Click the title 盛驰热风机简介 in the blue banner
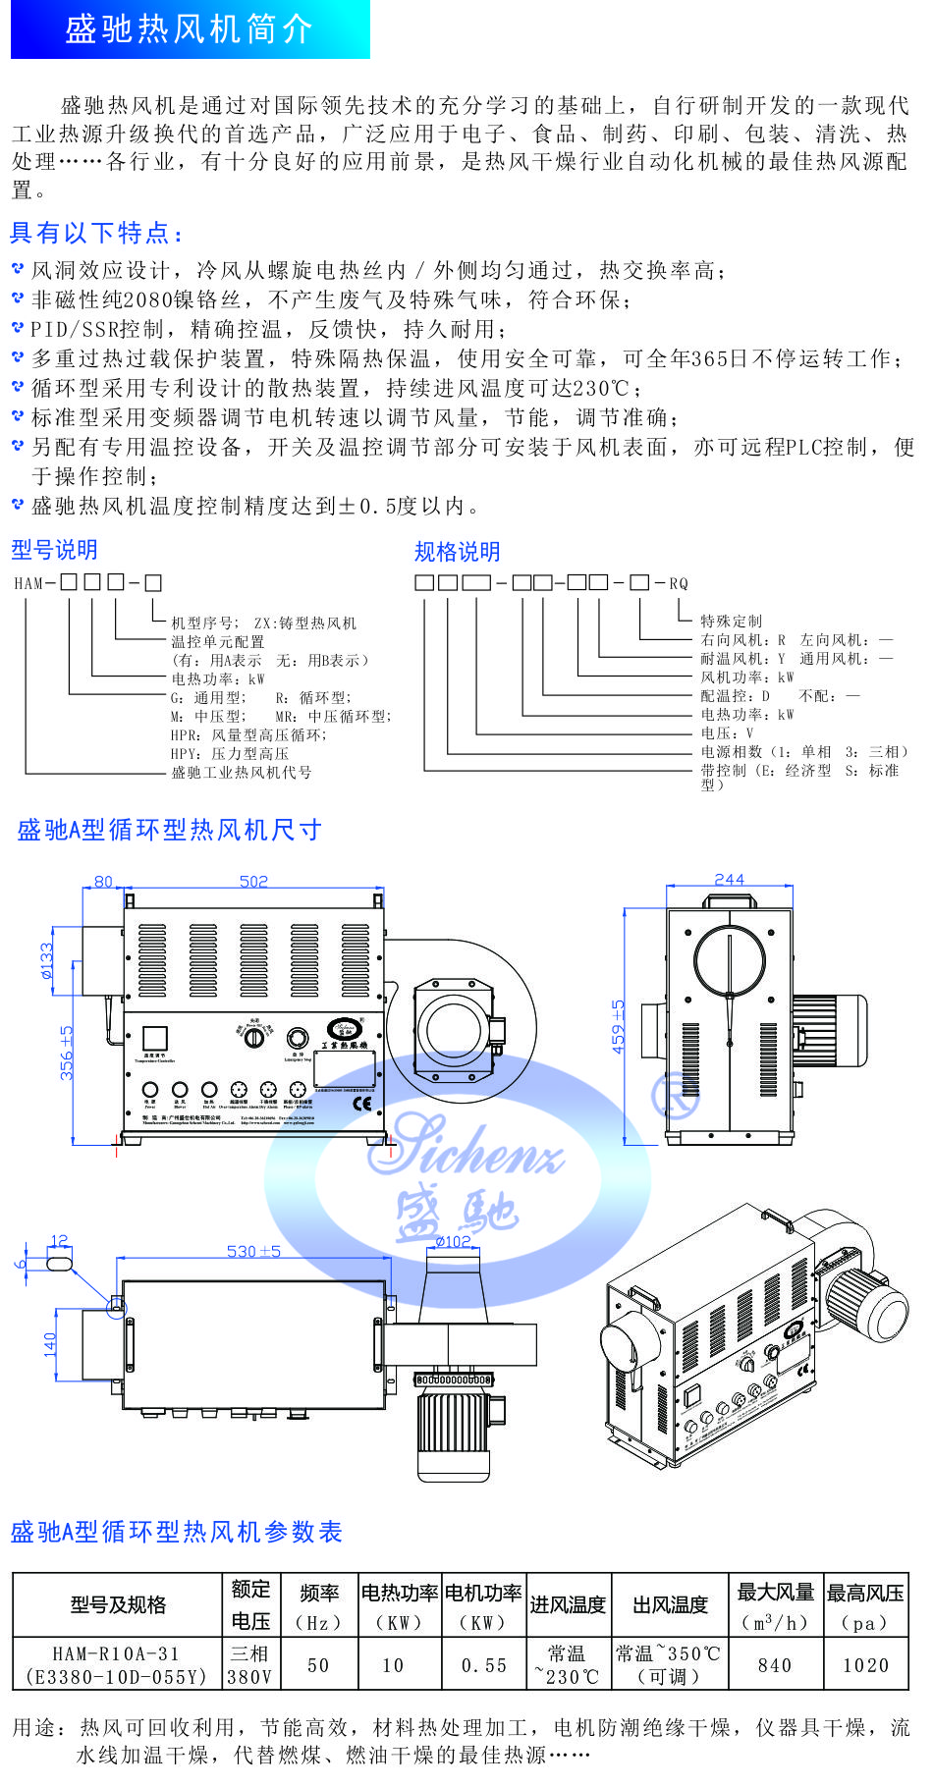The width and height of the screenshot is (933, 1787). tap(189, 29)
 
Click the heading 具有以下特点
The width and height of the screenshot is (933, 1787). tap(96, 233)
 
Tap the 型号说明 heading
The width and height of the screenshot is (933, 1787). tap(54, 550)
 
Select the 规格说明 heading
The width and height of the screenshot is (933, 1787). tap(457, 552)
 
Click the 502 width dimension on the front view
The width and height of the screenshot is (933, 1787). tap(253, 882)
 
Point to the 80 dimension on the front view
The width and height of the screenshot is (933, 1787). tap(103, 882)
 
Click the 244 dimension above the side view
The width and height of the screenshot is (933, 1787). tap(729, 880)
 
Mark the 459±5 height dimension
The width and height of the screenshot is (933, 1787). tap(618, 1026)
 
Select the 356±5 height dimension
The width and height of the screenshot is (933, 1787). tap(66, 1053)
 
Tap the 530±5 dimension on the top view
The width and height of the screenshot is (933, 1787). tap(253, 1251)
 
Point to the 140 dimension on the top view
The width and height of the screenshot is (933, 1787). tap(50, 1344)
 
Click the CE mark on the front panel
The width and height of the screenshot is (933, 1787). tap(361, 1102)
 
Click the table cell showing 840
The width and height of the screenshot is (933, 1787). tap(775, 1665)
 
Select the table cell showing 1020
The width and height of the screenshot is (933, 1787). tap(865, 1665)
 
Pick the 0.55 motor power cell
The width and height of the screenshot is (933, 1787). tap(484, 1665)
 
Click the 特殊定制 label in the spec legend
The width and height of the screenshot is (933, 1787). tap(731, 621)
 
